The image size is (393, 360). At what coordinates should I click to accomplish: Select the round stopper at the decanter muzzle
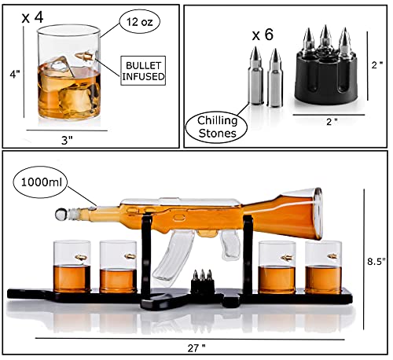coord(60,213)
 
